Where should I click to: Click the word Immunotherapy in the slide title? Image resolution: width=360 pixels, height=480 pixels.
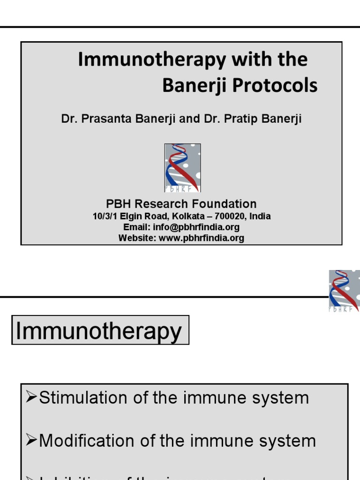(134, 60)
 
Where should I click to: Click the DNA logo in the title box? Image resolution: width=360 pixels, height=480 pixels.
(182, 168)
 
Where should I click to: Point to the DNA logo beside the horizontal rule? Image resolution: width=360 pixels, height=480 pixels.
(344, 291)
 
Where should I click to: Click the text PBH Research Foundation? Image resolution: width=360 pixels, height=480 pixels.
(181, 204)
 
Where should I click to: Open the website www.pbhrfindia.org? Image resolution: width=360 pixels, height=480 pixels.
(202, 238)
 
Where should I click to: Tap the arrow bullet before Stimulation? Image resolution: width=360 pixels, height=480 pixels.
(31, 398)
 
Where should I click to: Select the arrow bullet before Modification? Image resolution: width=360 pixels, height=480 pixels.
(31, 441)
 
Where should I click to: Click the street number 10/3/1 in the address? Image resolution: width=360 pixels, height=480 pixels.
(105, 217)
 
